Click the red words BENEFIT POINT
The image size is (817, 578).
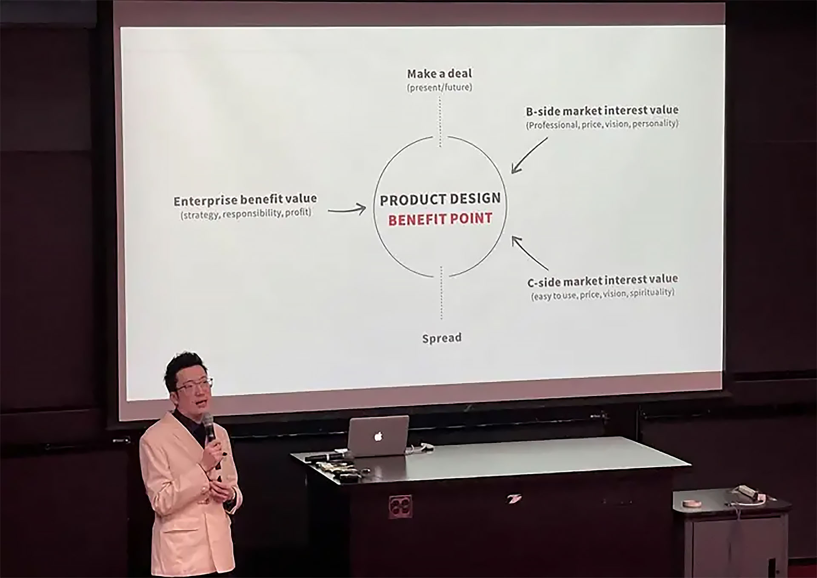pos(440,219)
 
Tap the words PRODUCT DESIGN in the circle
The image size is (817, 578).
pos(440,199)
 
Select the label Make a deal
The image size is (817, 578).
pos(440,74)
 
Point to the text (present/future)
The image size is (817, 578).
pos(440,88)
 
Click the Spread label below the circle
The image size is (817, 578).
pos(442,338)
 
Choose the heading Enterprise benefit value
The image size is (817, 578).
pos(245,200)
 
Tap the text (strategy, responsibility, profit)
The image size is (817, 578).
pos(246,214)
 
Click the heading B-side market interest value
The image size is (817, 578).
pos(602,111)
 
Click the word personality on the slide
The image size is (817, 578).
pos(655,124)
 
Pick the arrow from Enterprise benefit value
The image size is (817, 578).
pos(347,209)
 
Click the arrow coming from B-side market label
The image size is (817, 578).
pos(529,155)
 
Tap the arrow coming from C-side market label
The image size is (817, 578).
pos(530,254)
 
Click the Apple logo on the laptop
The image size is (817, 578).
pos(378,436)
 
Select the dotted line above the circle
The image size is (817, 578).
pos(440,122)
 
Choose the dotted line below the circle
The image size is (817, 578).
pos(441,293)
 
